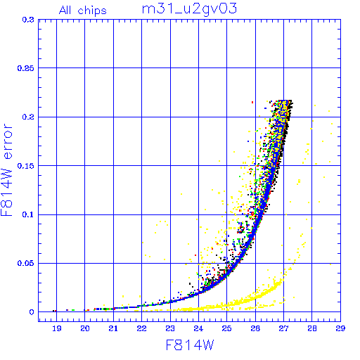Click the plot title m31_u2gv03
[x=189, y=9]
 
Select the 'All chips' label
[x=83, y=11]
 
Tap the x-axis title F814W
[x=190, y=345]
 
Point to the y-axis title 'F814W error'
[x=7, y=170]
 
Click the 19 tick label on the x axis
[x=57, y=328]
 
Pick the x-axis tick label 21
[x=113, y=328]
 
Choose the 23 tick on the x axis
[x=170, y=328]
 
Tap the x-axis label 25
[x=227, y=328]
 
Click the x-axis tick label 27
[x=283, y=328]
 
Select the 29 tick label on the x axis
[x=340, y=328]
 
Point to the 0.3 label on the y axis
[x=28, y=20]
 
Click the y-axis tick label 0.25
[x=26, y=68]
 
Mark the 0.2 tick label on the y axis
[x=28, y=117]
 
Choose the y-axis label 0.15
[x=26, y=166]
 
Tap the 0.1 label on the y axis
[x=28, y=214]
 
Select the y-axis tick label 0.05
[x=26, y=263]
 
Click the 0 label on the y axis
[x=32, y=312]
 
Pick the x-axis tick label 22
[x=142, y=328]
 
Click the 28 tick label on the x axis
[x=312, y=328]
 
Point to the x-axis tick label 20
[x=85, y=328]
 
